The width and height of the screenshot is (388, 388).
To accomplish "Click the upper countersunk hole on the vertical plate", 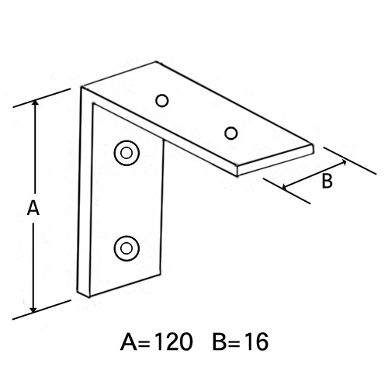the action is pyautogui.click(x=126, y=153).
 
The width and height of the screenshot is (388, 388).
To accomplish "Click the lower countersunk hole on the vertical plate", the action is pyautogui.click(x=126, y=248).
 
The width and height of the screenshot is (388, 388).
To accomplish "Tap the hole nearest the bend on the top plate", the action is pyautogui.click(x=162, y=101).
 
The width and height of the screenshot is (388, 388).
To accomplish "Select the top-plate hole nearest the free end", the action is pyautogui.click(x=231, y=133).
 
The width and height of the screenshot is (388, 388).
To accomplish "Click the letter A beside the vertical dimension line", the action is pyautogui.click(x=33, y=209).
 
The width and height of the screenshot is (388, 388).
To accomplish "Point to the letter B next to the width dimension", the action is pyautogui.click(x=327, y=181).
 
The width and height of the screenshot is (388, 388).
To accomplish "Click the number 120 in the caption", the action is pyautogui.click(x=175, y=341).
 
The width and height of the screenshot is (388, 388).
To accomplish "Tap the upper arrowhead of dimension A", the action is pyautogui.click(x=36, y=102).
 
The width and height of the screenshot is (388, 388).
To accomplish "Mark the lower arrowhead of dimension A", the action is pyautogui.click(x=33, y=310).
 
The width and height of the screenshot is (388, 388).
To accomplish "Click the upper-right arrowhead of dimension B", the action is pyautogui.click(x=344, y=162).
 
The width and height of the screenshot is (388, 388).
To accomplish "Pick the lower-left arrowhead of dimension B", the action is pyautogui.click(x=286, y=187).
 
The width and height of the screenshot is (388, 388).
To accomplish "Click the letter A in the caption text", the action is pyautogui.click(x=129, y=341).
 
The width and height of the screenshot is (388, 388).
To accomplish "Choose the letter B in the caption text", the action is pyautogui.click(x=220, y=341).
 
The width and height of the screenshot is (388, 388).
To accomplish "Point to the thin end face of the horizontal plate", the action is pyautogui.click(x=275, y=161).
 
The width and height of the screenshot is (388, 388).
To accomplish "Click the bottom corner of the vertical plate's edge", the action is pyautogui.click(x=89, y=297).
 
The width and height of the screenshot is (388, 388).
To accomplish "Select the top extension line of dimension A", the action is pyautogui.click(x=42, y=98).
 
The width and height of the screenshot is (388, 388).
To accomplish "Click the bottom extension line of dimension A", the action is pyautogui.click(x=42, y=310).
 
